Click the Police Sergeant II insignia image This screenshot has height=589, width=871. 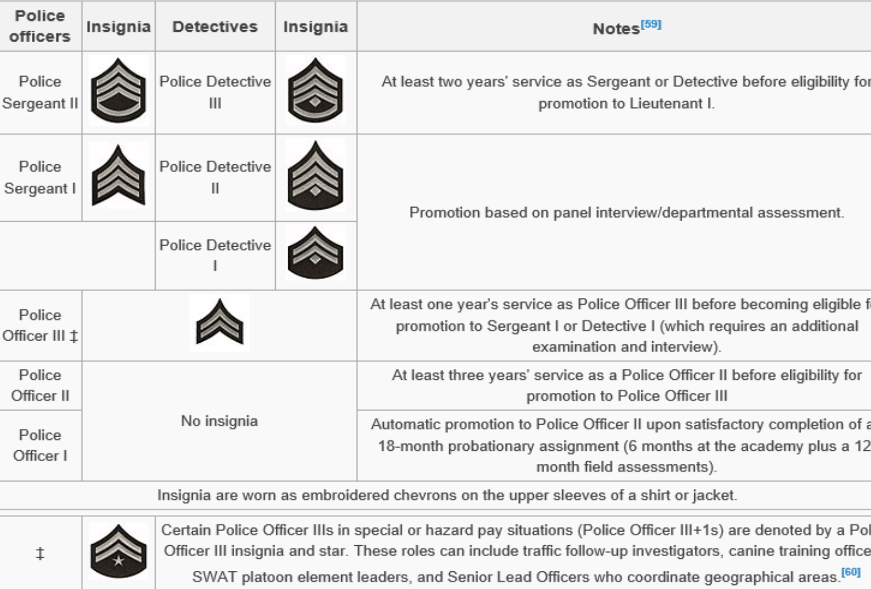118,91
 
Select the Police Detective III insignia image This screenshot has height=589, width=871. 316,91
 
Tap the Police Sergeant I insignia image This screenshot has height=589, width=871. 118,176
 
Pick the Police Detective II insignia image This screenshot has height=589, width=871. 316,176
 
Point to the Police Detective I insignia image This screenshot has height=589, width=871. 316,253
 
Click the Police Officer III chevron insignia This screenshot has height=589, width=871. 219,323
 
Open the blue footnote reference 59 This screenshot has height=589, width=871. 651,24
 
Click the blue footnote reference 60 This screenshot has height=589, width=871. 851,572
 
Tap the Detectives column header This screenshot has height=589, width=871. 215,27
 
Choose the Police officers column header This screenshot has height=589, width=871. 40,26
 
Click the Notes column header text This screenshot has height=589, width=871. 616,29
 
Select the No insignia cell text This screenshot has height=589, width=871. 219,421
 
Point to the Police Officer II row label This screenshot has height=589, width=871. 40,385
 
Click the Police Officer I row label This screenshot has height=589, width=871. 40,445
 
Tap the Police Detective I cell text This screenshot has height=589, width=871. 215,255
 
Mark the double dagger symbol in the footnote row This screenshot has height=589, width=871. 40,553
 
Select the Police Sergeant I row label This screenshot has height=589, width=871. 40,177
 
